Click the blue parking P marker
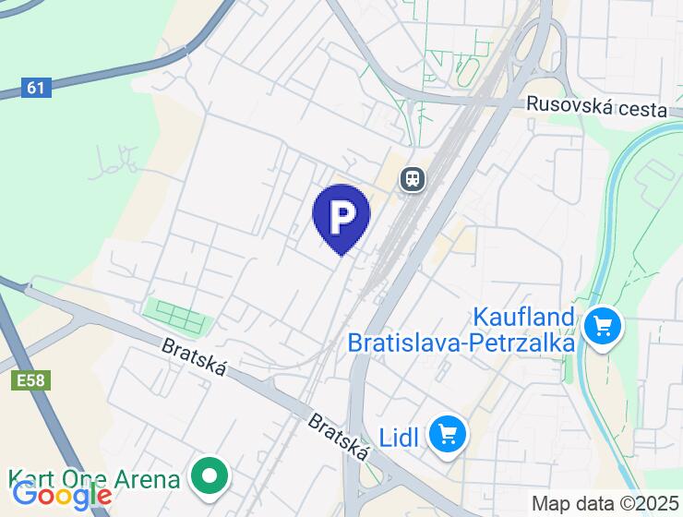341,216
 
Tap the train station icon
412,178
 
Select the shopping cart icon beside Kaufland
604,326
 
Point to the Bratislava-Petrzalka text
461,343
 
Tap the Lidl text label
400,434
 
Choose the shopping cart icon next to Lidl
449,433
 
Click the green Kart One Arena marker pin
210,477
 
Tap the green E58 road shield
31,379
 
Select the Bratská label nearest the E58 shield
194,359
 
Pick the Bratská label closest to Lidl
339,438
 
